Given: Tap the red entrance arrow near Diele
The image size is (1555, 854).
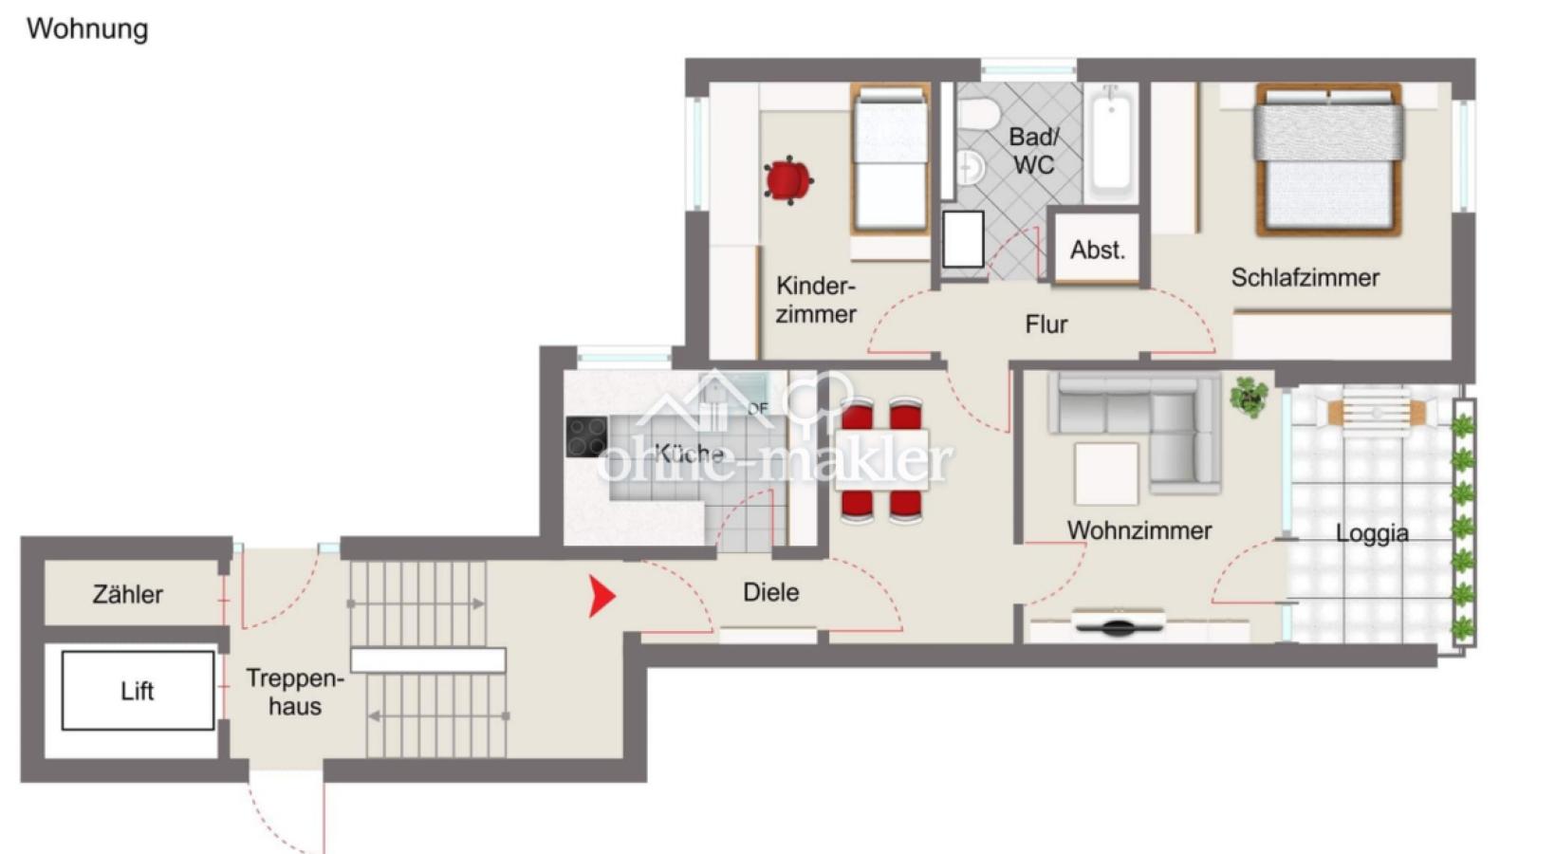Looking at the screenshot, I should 601,596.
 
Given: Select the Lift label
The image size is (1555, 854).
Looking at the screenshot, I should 137,691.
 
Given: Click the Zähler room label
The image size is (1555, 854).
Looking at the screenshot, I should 127,595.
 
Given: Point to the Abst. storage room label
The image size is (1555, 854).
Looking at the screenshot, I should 1097,250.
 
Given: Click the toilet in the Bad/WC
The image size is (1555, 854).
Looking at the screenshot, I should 977,115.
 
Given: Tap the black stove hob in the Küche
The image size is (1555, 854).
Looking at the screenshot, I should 586,436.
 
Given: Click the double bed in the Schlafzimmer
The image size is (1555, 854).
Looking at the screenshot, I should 1327,158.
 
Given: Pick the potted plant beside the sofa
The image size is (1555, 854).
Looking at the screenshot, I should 1249,397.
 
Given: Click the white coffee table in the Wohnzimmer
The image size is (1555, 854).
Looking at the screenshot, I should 1105,473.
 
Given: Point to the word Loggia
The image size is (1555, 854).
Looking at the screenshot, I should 1371,533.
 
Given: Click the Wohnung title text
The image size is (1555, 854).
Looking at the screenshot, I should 87,28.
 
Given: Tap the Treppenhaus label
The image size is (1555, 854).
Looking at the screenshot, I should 294,692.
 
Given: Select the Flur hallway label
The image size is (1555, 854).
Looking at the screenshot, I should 1046,325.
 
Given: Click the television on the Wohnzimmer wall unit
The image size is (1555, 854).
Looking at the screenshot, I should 1119,623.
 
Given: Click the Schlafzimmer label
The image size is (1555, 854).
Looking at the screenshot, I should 1305,278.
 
